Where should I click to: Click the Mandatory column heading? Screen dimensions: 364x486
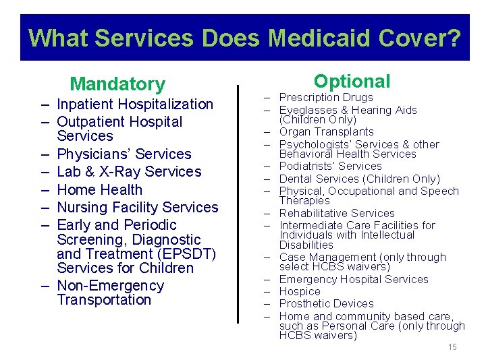tap(117, 84)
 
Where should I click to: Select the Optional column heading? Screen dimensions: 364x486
tap(352, 82)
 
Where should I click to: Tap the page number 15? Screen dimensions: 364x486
tap(452, 347)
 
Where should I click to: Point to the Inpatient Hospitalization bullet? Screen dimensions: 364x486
tap(135, 104)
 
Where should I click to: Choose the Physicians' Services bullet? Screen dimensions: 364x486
tap(124, 154)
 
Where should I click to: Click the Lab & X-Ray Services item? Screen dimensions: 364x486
tap(129, 172)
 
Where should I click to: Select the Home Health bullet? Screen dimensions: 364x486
tap(100, 190)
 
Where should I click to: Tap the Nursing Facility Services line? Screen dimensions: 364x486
tap(138, 208)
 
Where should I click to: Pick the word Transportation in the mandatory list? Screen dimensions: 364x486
tap(104, 300)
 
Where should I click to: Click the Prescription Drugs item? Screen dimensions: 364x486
tap(326, 98)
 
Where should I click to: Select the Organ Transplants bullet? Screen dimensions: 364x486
tap(326, 132)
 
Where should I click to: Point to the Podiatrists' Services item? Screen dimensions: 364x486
tap(330, 166)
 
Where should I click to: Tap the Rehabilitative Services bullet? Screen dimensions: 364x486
tap(337, 213)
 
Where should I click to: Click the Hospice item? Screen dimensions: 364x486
tap(300, 292)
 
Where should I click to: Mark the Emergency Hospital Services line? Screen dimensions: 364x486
tap(354, 280)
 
